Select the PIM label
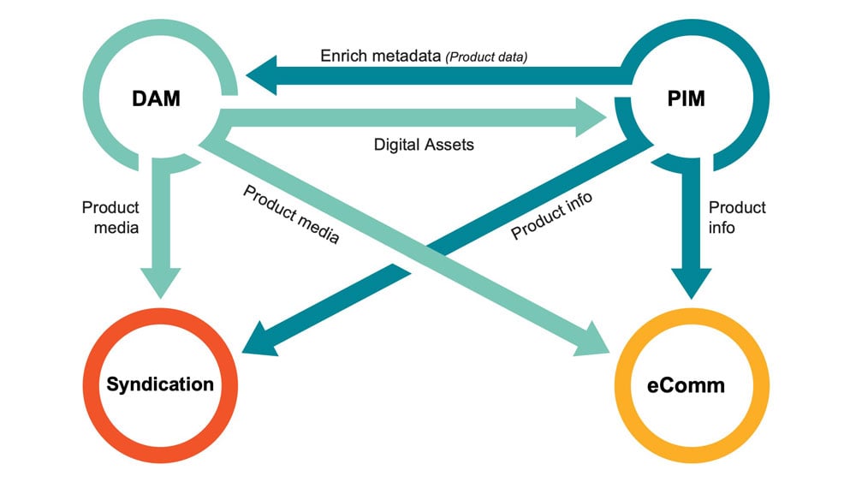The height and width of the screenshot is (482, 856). (686, 98)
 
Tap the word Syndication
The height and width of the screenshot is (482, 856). (160, 384)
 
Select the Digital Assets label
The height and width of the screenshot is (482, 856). (424, 145)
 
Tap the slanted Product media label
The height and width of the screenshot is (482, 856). (291, 215)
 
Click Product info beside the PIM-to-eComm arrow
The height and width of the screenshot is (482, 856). (737, 217)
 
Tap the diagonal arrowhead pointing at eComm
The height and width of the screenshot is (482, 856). (594, 342)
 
